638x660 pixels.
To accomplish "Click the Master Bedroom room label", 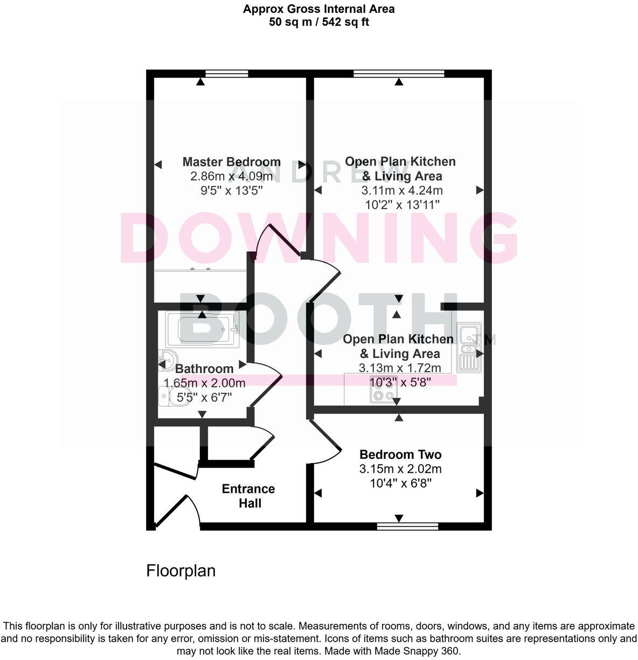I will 231,162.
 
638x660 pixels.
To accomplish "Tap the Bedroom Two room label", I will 400,455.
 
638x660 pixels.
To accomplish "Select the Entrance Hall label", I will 249,496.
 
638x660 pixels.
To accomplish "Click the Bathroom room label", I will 204,369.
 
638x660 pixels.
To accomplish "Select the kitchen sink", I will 469,348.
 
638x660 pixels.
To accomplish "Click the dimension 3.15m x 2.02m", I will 400,469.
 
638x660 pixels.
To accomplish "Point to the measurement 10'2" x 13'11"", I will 402,205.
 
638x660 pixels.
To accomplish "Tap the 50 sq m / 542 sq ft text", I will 319,22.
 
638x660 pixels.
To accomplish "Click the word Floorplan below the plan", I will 181,570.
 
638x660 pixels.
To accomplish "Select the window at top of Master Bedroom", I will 227,74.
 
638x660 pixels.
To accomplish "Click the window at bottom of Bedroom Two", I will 407,526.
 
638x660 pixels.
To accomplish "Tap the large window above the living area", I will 399,74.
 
